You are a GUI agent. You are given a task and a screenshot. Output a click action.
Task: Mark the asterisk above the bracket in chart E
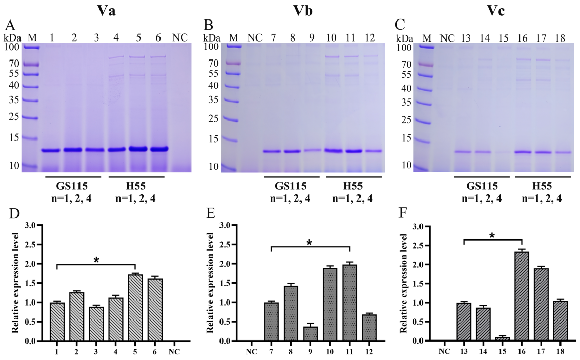309,242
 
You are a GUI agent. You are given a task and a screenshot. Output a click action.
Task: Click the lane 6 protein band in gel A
158,149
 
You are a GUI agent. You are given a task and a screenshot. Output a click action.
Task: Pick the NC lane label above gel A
179,37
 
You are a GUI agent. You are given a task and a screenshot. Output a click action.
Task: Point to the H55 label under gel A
136,186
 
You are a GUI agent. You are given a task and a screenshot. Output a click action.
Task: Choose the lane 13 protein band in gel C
463,152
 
